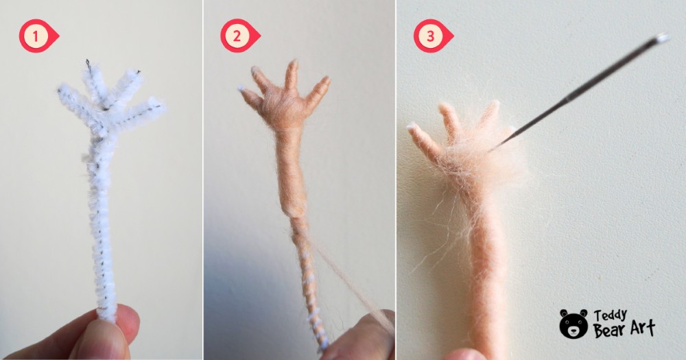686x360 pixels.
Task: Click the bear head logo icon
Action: coord(573,323)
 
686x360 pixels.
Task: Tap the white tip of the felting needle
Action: coord(662,37)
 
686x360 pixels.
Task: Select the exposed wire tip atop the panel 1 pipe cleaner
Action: coord(88,63)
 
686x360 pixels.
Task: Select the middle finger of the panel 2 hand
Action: coord(292,75)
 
